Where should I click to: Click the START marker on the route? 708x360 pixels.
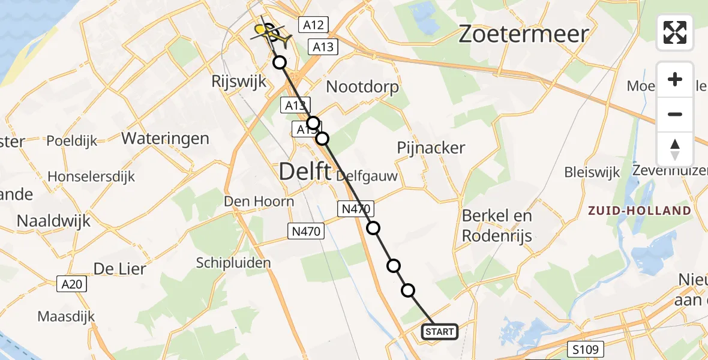(x=440, y=331)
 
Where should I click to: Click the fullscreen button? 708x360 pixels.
(x=675, y=32)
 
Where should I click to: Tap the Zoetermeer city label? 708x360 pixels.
(x=523, y=34)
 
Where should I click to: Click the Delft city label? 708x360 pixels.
(x=304, y=172)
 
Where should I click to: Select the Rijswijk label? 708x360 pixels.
(x=239, y=82)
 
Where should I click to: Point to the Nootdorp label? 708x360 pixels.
(x=362, y=87)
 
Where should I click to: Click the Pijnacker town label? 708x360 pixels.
(x=431, y=148)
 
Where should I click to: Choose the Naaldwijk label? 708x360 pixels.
(x=53, y=220)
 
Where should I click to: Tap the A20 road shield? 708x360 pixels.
(x=73, y=284)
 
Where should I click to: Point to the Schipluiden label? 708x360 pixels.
(x=233, y=262)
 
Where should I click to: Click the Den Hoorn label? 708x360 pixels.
(x=259, y=201)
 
